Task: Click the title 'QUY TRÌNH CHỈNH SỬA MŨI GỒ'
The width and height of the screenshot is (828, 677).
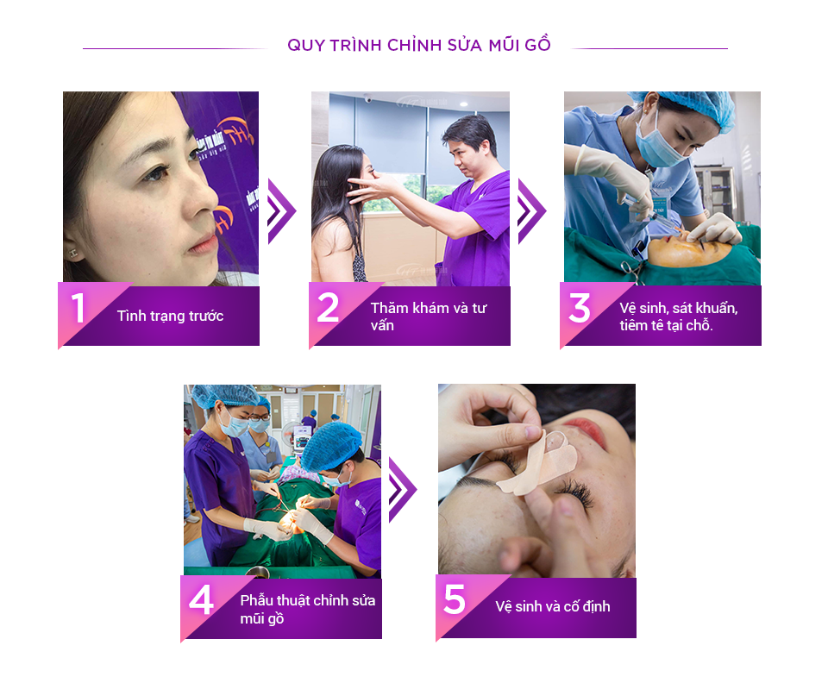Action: [x=419, y=45]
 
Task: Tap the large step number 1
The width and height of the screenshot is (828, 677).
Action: [x=78, y=308]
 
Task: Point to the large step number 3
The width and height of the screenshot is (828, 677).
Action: [x=580, y=308]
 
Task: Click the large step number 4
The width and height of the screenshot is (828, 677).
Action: [x=202, y=600]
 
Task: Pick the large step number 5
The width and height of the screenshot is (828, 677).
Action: [x=455, y=599]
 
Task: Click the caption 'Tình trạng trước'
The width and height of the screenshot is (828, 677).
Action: [x=170, y=316]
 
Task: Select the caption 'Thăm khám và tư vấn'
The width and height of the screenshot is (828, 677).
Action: [x=429, y=317]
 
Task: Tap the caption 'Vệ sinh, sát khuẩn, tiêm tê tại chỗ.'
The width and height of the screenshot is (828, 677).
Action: [x=679, y=317]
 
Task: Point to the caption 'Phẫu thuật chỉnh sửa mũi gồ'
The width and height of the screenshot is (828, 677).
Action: [x=307, y=609]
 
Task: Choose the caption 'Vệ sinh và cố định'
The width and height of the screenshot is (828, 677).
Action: [x=552, y=606]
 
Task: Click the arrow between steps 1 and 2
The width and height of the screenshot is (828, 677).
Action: [x=281, y=211]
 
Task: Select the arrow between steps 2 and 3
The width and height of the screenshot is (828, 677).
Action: [x=531, y=211]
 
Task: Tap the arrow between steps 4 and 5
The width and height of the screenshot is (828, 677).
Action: [x=403, y=490]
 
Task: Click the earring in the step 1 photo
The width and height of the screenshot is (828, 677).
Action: [x=73, y=254]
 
